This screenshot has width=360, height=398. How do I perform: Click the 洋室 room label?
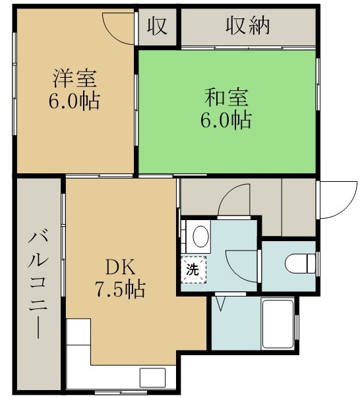(x=75, y=78)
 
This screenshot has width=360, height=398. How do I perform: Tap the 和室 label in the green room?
(x=226, y=98)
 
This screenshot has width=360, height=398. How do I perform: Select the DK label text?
(x=120, y=268)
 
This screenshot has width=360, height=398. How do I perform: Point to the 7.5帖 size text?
(x=120, y=289)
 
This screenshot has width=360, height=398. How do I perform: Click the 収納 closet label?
(x=247, y=26)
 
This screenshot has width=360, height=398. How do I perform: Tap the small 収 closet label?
(x=158, y=26)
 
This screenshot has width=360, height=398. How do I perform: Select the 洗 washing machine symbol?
(x=194, y=270)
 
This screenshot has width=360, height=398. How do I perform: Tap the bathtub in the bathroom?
(x=278, y=324)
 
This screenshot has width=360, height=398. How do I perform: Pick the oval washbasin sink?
(x=201, y=237)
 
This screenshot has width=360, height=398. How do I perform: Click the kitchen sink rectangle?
(x=152, y=378)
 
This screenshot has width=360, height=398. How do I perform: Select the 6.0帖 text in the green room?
(x=226, y=119)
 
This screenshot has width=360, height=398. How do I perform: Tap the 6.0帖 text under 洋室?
(x=74, y=101)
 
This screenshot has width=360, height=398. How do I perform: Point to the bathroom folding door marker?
(x=220, y=304)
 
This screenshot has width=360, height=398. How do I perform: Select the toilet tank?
(x=311, y=264)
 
